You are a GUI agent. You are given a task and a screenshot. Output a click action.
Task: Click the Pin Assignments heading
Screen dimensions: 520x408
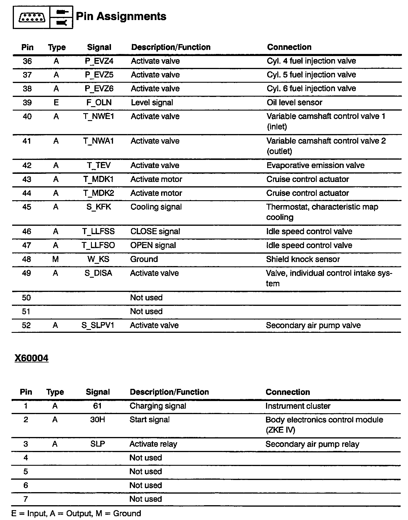[x=121, y=17]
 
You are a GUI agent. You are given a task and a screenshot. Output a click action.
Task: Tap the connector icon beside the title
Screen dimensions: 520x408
[x=32, y=18]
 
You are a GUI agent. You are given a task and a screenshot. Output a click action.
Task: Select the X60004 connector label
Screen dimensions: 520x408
[x=31, y=358]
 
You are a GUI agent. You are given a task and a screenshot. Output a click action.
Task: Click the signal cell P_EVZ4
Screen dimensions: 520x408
[x=99, y=61]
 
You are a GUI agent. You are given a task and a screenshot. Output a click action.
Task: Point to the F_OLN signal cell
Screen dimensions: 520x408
[x=99, y=102]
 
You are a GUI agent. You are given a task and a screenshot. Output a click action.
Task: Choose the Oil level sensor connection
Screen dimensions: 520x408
[x=294, y=102]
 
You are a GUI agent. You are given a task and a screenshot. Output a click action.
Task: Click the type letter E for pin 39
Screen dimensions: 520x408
[x=56, y=102]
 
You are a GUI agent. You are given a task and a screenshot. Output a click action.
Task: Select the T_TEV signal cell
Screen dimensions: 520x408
[x=99, y=165]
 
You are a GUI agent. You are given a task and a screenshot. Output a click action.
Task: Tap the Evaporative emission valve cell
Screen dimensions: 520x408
[x=315, y=165]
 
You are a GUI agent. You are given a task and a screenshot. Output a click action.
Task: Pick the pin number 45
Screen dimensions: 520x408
[x=27, y=207]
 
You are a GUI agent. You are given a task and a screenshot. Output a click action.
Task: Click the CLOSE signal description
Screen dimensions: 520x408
[x=155, y=231]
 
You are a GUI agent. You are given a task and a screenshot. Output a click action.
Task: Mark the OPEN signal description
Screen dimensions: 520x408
[x=153, y=245]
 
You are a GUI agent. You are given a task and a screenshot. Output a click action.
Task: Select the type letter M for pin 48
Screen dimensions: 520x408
[x=56, y=259]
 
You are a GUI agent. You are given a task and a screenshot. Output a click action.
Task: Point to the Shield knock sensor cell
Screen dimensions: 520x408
[x=303, y=259]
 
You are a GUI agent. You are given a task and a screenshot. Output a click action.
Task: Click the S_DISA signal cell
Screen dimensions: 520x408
[x=98, y=273]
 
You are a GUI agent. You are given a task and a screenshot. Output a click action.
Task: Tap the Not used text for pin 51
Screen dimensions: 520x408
[x=146, y=311]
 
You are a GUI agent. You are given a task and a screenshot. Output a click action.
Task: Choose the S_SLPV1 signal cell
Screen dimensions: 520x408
[x=98, y=325]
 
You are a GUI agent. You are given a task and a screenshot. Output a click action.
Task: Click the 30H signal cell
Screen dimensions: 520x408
[x=97, y=420]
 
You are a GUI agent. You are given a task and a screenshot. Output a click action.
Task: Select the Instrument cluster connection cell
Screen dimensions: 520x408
[x=298, y=406]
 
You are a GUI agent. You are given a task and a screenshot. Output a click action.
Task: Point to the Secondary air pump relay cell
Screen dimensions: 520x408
[x=312, y=444]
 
